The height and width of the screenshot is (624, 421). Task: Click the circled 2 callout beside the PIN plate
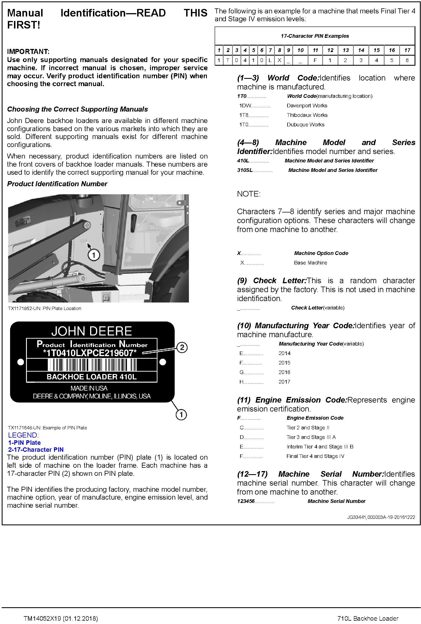(182, 348)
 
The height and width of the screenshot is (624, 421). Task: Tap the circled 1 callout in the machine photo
(94, 255)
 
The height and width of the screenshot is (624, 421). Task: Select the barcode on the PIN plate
(92, 365)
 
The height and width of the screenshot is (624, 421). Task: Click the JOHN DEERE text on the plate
(92, 331)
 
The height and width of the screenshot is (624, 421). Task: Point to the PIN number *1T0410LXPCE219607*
(90, 353)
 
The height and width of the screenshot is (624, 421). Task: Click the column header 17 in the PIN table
(407, 50)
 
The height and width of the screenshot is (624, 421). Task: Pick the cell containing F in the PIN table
(315, 60)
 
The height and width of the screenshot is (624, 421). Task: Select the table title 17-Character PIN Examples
(315, 36)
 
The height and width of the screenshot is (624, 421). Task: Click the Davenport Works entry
(307, 106)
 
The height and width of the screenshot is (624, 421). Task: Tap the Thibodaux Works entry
(307, 115)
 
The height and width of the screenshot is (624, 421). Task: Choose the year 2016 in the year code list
(284, 372)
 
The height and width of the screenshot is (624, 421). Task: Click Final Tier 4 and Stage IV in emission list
(315, 456)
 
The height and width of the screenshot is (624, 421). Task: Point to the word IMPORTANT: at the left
(28, 52)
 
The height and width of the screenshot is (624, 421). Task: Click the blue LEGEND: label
(24, 435)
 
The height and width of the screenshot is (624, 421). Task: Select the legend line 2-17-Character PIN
(36, 450)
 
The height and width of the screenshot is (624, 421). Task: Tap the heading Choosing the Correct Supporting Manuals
(78, 109)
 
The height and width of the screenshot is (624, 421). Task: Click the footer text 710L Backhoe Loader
(368, 618)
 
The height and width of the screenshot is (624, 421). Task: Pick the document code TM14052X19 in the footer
(42, 618)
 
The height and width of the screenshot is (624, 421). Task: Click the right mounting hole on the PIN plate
(163, 362)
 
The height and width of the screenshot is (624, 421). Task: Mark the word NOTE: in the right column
(249, 194)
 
